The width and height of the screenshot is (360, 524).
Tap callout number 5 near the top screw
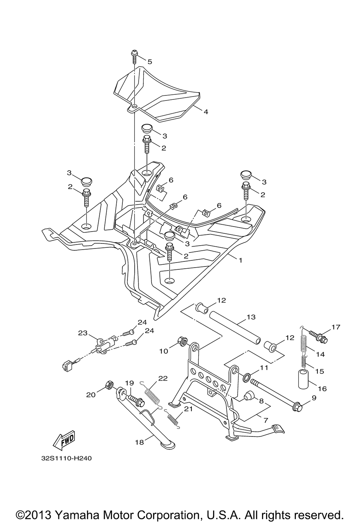150,62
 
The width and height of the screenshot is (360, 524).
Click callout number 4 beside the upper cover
206,112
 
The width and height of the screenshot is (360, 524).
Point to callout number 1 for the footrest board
240,260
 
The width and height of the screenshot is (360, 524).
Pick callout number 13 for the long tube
251,317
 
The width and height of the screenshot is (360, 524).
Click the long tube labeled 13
235,327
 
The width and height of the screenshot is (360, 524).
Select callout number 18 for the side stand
140,442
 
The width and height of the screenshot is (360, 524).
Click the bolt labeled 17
318,336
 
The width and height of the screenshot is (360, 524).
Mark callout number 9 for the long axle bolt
314,404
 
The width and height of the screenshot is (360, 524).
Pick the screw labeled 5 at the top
134,57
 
